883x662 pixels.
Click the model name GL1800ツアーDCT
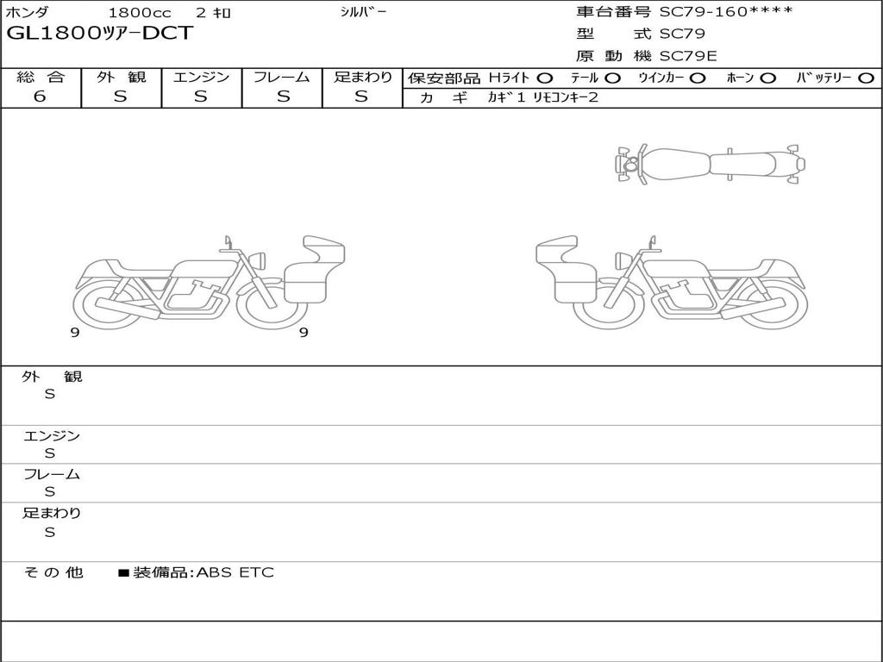tap(100, 34)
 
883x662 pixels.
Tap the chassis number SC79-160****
tap(726, 12)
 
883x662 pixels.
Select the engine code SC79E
tap(688, 56)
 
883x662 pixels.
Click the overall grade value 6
tap(40, 97)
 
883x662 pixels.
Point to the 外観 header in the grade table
tap(121, 77)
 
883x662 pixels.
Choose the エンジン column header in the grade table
tap(201, 77)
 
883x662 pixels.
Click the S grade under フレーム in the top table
tap(283, 97)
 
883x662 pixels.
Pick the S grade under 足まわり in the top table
tap(361, 97)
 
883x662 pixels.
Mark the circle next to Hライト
tap(545, 78)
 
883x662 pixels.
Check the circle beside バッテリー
tap(866, 78)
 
